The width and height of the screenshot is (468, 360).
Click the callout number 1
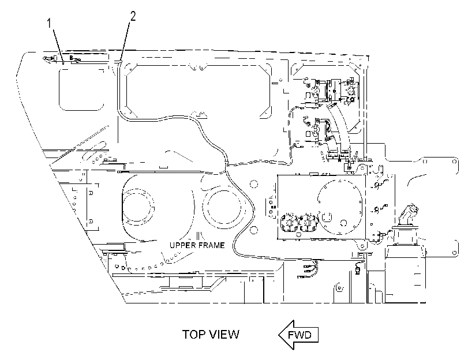pyautogui.click(x=50, y=23)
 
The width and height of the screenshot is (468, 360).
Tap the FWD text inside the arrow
pyautogui.click(x=299, y=335)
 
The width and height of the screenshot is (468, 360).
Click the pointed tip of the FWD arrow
pyautogui.click(x=279, y=335)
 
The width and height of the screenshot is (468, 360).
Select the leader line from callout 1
pyautogui.click(x=58, y=46)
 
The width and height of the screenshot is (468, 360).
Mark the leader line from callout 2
pyautogui.click(x=125, y=41)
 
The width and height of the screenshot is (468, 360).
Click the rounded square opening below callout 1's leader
pyautogui.click(x=81, y=89)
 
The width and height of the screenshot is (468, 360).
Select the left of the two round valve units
pyautogui.click(x=289, y=223)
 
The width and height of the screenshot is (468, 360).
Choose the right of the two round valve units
pyautogui.click(x=308, y=223)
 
